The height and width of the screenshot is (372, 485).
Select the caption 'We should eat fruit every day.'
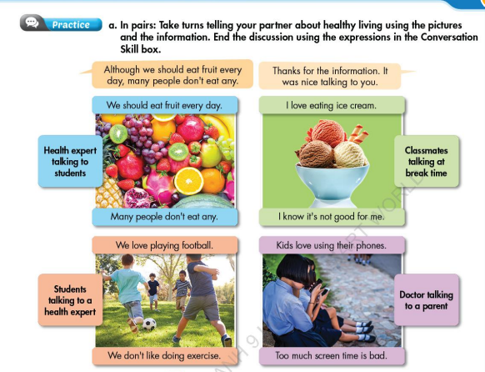click(165, 106)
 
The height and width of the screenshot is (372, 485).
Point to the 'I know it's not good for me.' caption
click(331, 216)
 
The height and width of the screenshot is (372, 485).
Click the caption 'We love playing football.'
click(164, 245)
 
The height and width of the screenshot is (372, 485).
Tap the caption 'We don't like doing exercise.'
click(164, 356)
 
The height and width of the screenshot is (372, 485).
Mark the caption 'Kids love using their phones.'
click(331, 245)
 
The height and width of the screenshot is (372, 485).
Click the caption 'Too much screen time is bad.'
click(331, 356)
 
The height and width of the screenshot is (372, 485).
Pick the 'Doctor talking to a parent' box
click(426, 300)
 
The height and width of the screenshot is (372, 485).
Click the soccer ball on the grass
click(148, 324)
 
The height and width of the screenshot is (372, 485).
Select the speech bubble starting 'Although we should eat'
click(167, 77)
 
